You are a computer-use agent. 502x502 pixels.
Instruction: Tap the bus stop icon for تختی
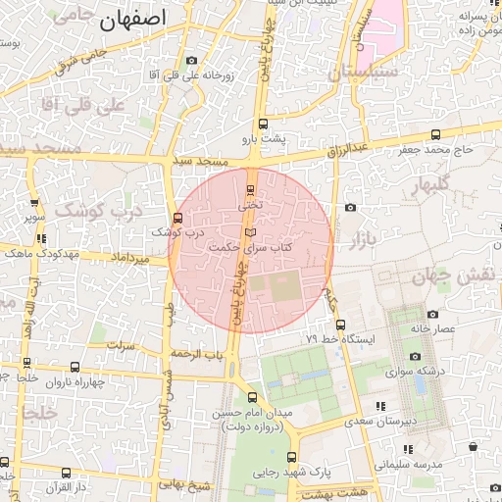coord(250,189)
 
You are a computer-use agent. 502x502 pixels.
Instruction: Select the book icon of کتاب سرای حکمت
coord(249,232)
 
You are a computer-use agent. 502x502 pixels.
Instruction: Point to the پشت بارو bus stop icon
coord(262,124)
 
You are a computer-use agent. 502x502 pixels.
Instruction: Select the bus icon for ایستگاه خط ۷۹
coord(340,325)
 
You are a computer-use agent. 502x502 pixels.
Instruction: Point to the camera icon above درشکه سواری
coord(415,356)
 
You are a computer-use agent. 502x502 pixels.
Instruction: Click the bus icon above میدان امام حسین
coord(253,397)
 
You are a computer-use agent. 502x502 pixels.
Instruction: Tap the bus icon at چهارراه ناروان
coord(75,367)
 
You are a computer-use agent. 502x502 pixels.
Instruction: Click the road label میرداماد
coord(130,257)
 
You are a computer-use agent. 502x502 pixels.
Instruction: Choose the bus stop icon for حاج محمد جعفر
coord(435,134)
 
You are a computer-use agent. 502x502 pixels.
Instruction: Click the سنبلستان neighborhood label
coord(364,72)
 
